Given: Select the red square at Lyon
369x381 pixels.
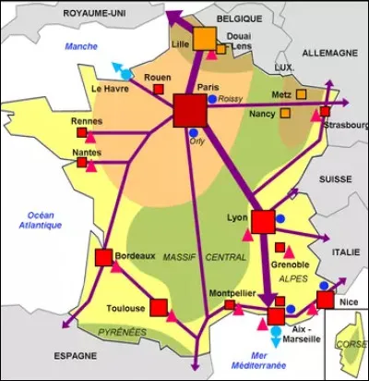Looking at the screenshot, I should click(x=263, y=221).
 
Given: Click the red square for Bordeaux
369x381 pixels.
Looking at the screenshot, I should click(x=103, y=257).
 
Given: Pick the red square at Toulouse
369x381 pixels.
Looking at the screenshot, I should click(x=159, y=307).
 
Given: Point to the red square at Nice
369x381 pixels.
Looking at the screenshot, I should click(x=325, y=300).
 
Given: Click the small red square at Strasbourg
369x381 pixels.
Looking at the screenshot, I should click(x=325, y=112).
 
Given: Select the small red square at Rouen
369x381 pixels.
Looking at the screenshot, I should click(x=159, y=90).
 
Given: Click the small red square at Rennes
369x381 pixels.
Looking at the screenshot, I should click(x=82, y=133).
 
